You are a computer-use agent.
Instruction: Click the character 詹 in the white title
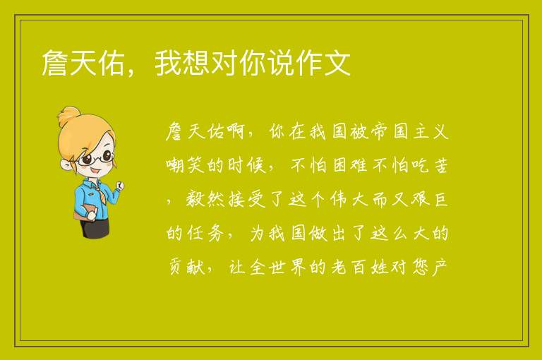[x=54, y=63]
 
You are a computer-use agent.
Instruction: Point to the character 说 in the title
[x=280, y=63]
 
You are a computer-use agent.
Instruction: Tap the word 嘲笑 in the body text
[x=186, y=165]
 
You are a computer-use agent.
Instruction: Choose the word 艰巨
[x=430, y=199]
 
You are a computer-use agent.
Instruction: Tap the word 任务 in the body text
[x=205, y=233]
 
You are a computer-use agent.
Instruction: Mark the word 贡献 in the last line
[x=186, y=267]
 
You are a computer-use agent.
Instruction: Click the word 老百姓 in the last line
[x=359, y=267]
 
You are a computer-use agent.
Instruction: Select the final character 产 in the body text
[x=440, y=267]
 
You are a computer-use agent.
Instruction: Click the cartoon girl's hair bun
[x=68, y=116]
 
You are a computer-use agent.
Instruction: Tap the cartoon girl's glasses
[x=95, y=157]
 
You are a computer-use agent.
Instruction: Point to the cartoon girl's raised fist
[x=119, y=186]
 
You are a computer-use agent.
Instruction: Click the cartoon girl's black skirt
[x=95, y=227]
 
